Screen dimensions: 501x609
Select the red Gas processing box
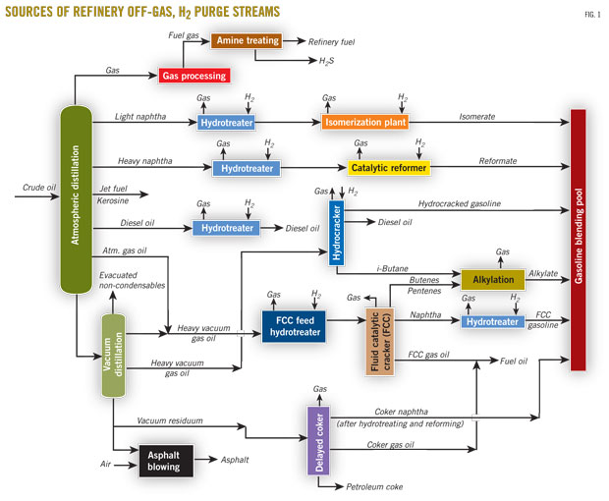(193, 75)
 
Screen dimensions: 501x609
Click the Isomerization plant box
(364, 123)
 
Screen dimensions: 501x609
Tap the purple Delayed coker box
(320, 439)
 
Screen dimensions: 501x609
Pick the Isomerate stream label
(476, 117)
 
